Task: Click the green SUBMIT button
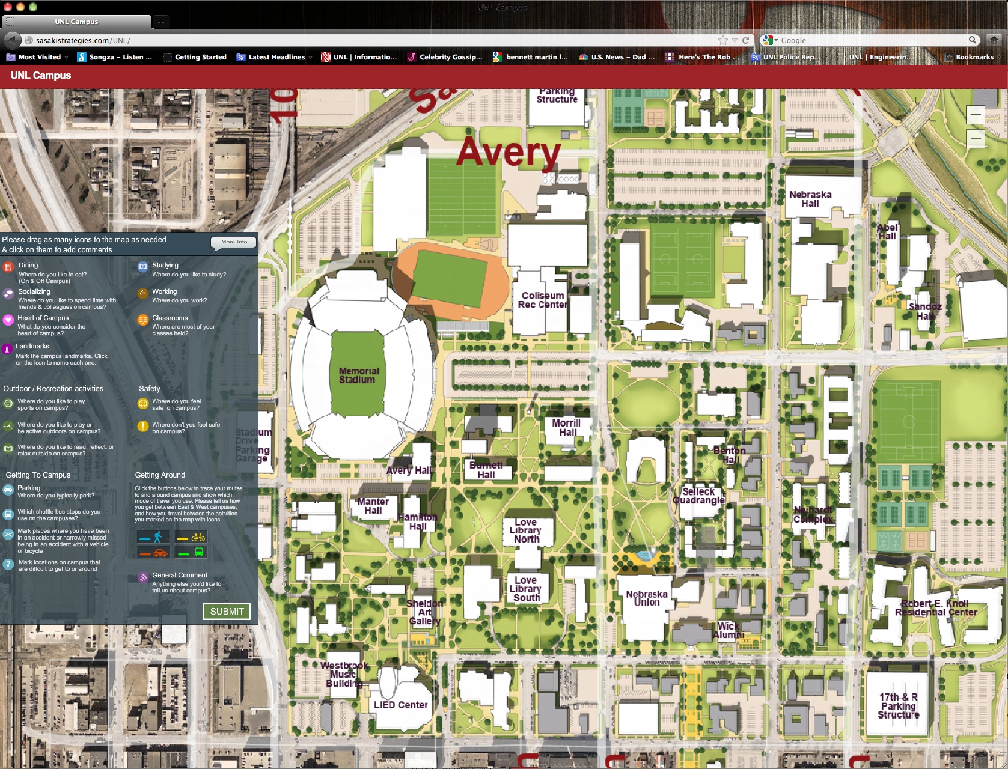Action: [227, 611]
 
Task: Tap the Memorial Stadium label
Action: [358, 375]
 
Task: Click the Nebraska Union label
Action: [647, 598]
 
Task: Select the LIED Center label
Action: [400, 705]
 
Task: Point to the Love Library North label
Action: [525, 531]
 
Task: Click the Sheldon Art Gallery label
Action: [424, 612]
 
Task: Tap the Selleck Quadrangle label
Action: [698, 496]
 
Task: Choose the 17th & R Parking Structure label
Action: [898, 706]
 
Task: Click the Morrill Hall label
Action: [566, 427]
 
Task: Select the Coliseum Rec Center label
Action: [542, 300]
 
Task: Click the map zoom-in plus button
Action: [975, 114]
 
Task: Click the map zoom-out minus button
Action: [975, 139]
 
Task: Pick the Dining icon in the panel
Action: [8, 267]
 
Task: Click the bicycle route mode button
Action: [191, 537]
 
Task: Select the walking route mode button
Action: [153, 537]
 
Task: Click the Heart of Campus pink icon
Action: [8, 320]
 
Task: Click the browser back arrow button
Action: [12, 40]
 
